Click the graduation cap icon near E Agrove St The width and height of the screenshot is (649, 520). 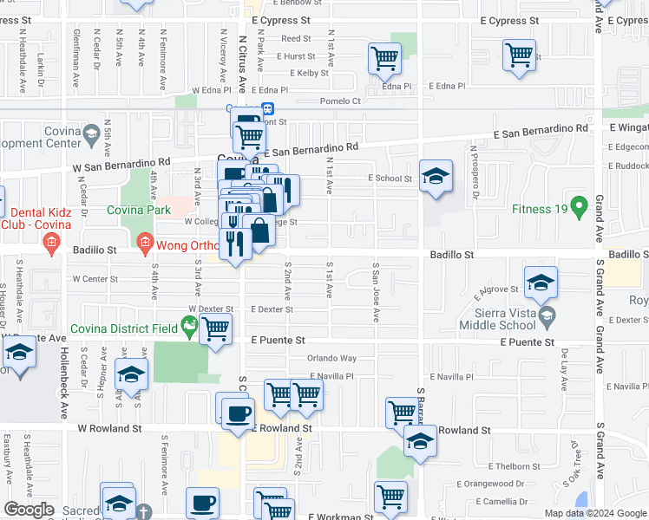click(541, 283)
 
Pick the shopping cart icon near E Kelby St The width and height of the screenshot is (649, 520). click(383, 59)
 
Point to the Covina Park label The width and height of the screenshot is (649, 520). click(139, 210)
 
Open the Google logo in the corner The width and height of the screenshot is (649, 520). click(29, 510)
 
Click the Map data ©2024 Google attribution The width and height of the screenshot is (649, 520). click(595, 513)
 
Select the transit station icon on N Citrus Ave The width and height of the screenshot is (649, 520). click(269, 108)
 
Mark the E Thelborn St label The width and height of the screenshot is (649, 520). click(514, 466)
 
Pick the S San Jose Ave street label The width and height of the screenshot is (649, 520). click(376, 293)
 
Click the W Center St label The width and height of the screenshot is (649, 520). click(95, 279)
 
